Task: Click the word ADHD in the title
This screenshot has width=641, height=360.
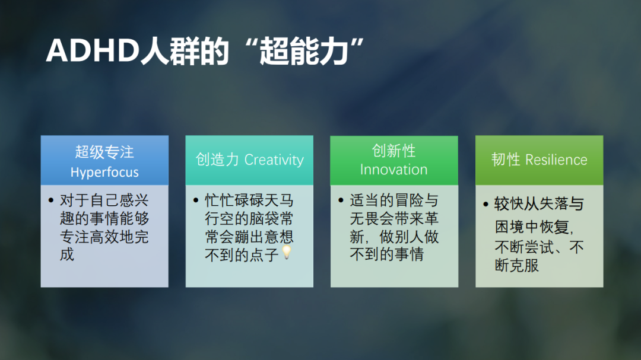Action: (93, 51)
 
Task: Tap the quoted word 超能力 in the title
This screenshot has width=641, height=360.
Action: (304, 51)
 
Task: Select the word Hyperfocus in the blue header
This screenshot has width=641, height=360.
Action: (104, 173)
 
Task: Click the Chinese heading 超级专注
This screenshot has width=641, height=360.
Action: (104, 152)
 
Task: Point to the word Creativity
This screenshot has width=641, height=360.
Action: (274, 160)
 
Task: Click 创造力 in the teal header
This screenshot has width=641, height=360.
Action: (217, 160)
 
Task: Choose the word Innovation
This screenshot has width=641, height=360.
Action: (394, 170)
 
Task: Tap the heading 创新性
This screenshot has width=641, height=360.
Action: (394, 151)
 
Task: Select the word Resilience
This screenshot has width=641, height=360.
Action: (556, 160)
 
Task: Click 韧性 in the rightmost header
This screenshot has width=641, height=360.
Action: (506, 160)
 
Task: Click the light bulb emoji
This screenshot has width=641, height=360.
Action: (287, 252)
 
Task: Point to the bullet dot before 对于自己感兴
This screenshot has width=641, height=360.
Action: (51, 200)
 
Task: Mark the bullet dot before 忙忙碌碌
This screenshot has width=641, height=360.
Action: (196, 200)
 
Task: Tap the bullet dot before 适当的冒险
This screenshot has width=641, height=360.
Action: (341, 200)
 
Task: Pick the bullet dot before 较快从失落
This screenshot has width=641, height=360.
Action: (485, 204)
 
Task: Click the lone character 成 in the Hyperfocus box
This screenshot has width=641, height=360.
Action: (67, 254)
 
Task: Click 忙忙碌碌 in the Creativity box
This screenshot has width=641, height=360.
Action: (234, 200)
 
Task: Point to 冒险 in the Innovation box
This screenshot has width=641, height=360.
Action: (409, 200)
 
